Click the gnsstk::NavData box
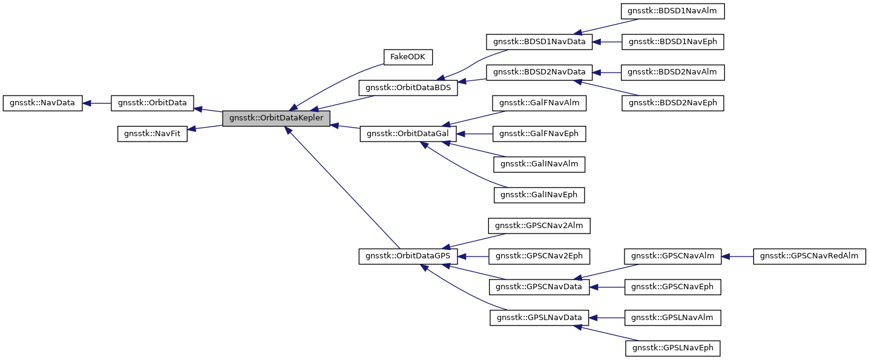pyautogui.click(x=42, y=103)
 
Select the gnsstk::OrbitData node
pyautogui.click(x=152, y=103)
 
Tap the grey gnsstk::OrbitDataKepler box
pyautogui.click(x=277, y=119)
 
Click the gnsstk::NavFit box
pyautogui.click(x=152, y=134)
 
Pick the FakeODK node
pyautogui.click(x=408, y=57)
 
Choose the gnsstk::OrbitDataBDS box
pyautogui.click(x=408, y=88)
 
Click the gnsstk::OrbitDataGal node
pyautogui.click(x=408, y=134)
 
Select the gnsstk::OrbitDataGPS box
pyautogui.click(x=408, y=257)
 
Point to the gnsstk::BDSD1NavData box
pyautogui.click(x=539, y=42)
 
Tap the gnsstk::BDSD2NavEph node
pyautogui.click(x=673, y=103)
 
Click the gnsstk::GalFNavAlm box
pyautogui.click(x=539, y=103)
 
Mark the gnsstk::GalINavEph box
pyautogui.click(x=539, y=195)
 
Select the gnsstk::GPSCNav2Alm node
pyautogui.click(x=539, y=226)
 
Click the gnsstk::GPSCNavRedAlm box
pyautogui.click(x=809, y=257)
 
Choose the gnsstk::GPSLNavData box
pyautogui.click(x=539, y=318)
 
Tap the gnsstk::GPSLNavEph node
pyautogui.click(x=673, y=349)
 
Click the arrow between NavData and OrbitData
pyautogui.click(x=96, y=103)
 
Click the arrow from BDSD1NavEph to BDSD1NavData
pyautogui.click(x=608, y=42)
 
